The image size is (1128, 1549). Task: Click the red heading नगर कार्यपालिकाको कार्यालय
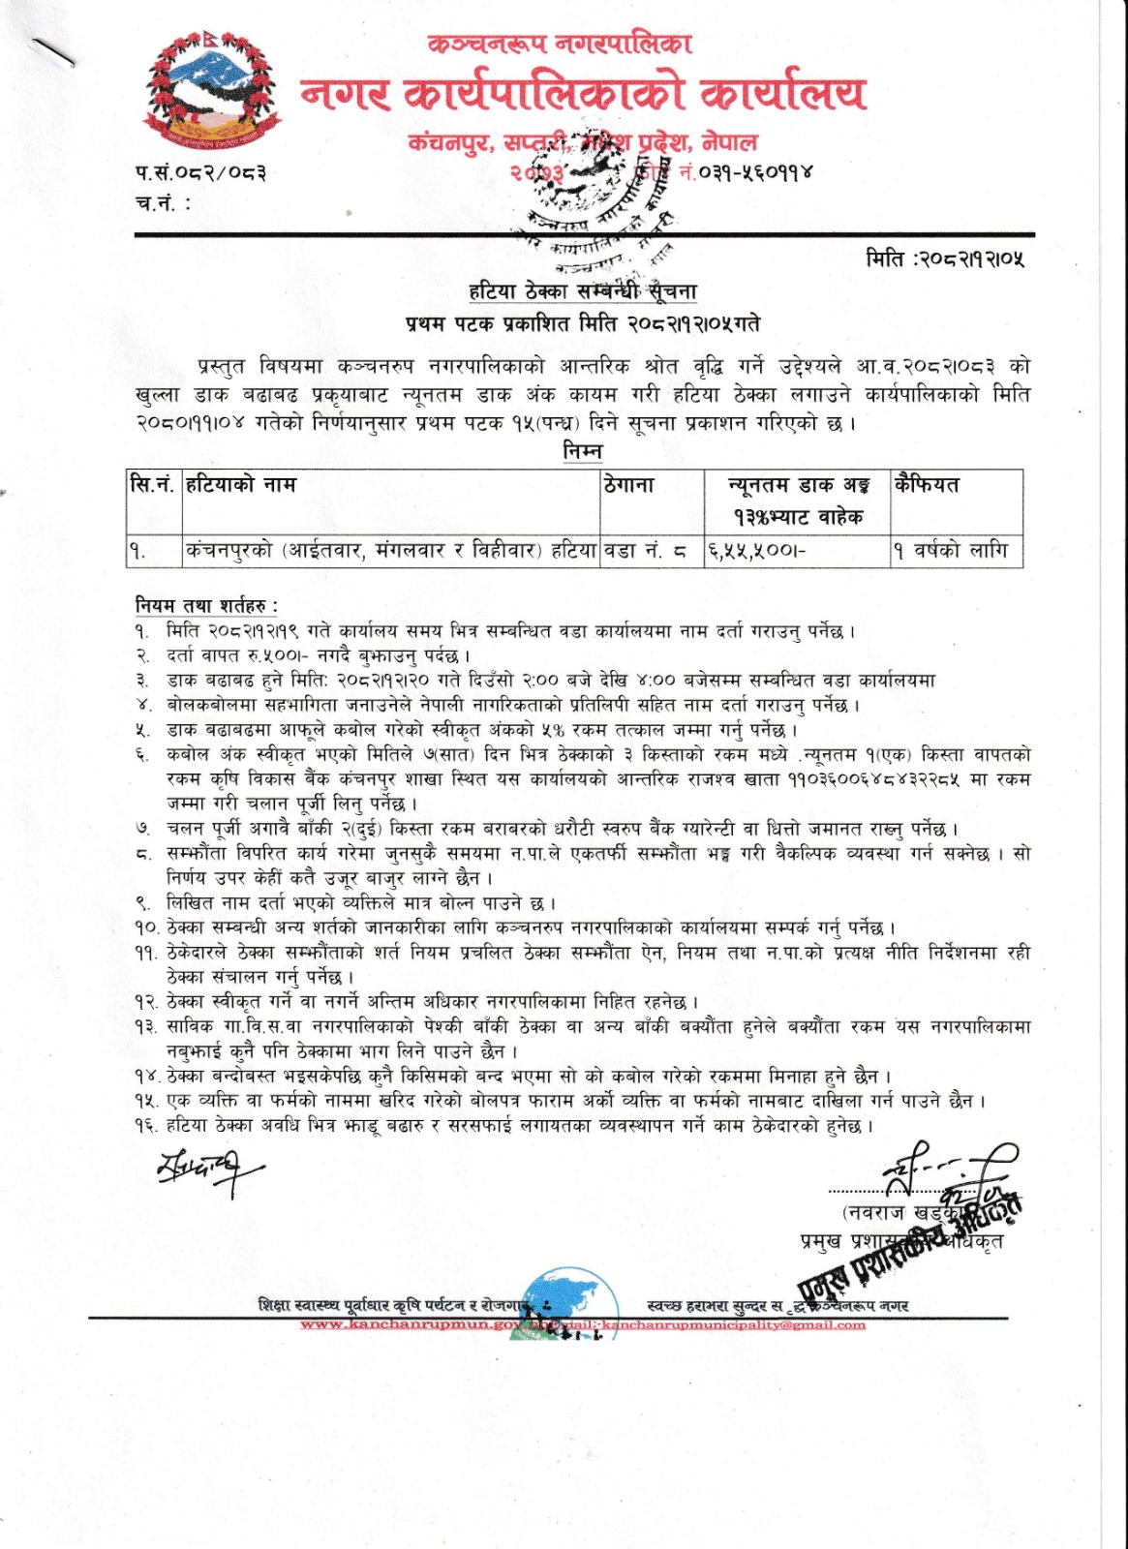(x=583, y=94)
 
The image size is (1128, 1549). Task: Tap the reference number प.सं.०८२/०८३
(x=200, y=173)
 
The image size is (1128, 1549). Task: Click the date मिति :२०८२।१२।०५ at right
(x=945, y=258)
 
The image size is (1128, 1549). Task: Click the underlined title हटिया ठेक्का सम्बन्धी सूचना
(x=583, y=291)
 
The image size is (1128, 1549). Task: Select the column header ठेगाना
(x=629, y=485)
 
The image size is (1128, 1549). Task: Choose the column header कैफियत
(x=928, y=485)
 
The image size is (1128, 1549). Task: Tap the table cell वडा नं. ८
(x=646, y=552)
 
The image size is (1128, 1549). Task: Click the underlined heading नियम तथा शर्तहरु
(x=206, y=606)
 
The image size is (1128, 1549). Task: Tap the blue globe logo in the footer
(x=572, y=1301)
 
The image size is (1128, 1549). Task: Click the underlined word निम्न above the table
(x=583, y=452)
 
